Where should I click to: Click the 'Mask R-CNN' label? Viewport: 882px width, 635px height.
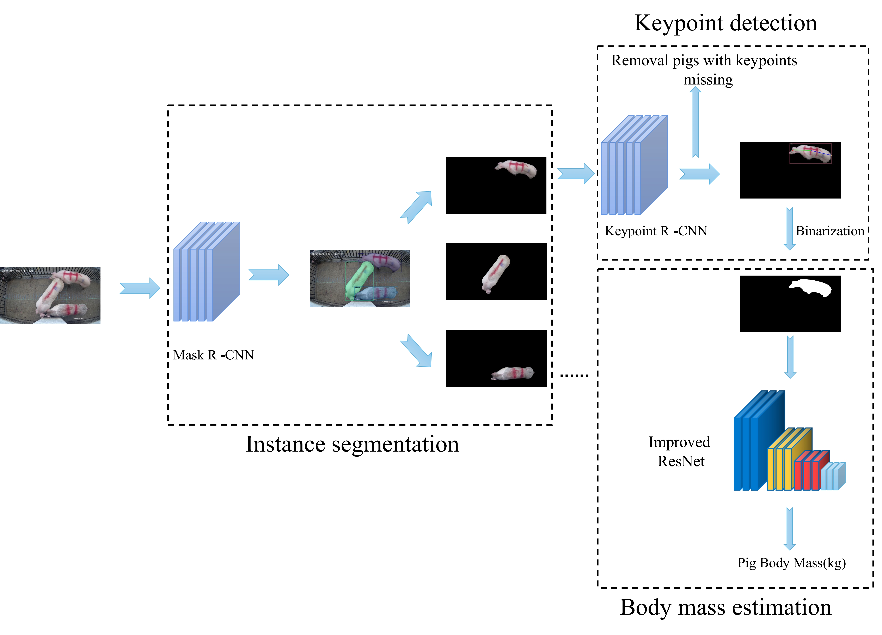[214, 355]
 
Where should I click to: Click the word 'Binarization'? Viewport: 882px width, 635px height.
[829, 231]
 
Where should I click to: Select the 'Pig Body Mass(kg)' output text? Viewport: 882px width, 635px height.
[791, 563]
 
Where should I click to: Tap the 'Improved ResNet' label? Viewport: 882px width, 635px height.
[679, 452]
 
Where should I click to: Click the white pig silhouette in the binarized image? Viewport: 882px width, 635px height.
[811, 288]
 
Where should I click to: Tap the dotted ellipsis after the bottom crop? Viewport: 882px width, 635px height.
[574, 375]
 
